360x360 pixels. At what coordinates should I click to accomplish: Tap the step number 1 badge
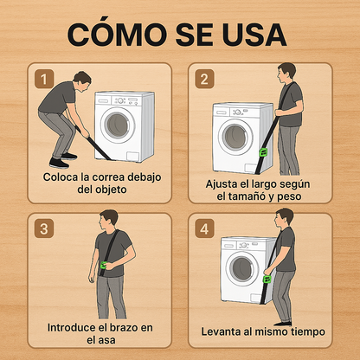[42, 80]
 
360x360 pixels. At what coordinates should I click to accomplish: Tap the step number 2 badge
[204, 80]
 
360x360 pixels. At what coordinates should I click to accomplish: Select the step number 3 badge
[42, 229]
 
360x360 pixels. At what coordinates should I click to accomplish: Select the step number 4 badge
[204, 229]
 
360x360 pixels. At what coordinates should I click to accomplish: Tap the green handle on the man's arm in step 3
[106, 266]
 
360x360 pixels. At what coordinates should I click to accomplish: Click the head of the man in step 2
[287, 73]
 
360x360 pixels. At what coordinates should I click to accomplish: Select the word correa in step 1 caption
[108, 176]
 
